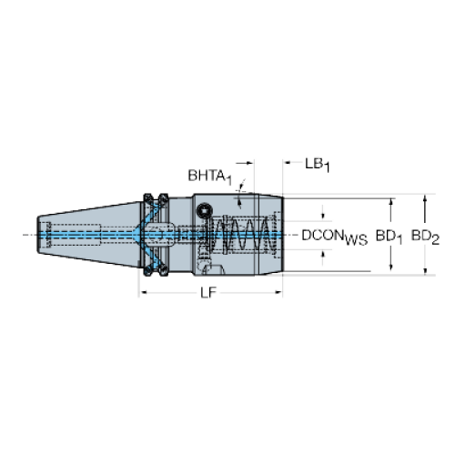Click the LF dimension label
pyautogui.click(x=208, y=293)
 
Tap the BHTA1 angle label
pyautogui.click(x=210, y=177)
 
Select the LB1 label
pyautogui.click(x=318, y=165)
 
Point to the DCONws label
pyautogui.click(x=335, y=237)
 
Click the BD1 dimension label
pyautogui.click(x=389, y=237)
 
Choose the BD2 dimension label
pyautogui.click(x=425, y=237)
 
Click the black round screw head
pyautogui.click(x=204, y=210)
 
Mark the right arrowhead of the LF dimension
pyautogui.click(x=278, y=292)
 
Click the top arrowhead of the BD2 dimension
pyautogui.click(x=425, y=198)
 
